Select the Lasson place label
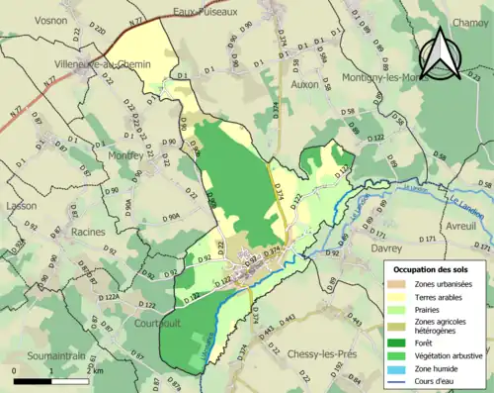(x=21, y=206)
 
